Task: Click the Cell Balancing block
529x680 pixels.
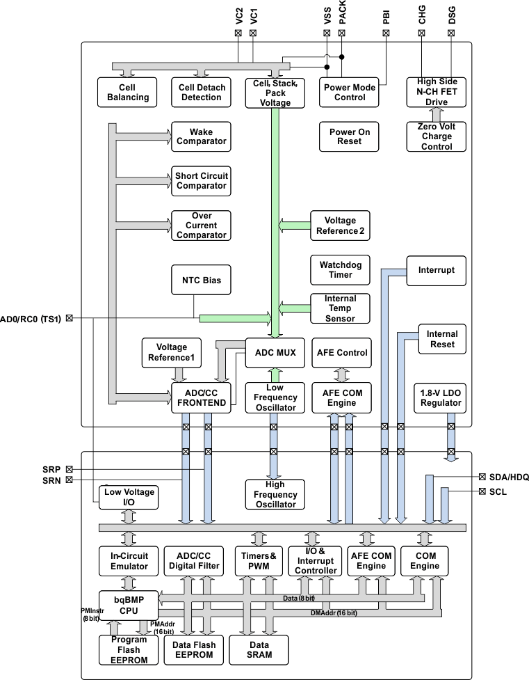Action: click(x=128, y=92)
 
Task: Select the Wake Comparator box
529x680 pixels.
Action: click(x=201, y=136)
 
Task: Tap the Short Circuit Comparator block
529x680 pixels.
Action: click(x=201, y=181)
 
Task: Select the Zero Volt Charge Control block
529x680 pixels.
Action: click(x=436, y=136)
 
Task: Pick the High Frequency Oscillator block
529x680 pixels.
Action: click(x=275, y=495)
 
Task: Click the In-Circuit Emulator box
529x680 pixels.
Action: click(x=129, y=561)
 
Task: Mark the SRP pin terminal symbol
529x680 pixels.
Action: click(x=69, y=469)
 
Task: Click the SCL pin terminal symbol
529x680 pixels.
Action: click(x=482, y=491)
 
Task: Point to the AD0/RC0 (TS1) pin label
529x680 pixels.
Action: click(x=31, y=319)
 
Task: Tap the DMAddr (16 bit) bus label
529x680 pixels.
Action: click(x=333, y=612)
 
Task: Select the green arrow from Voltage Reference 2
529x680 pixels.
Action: click(x=293, y=225)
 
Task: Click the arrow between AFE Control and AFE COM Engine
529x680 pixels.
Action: click(x=341, y=374)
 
